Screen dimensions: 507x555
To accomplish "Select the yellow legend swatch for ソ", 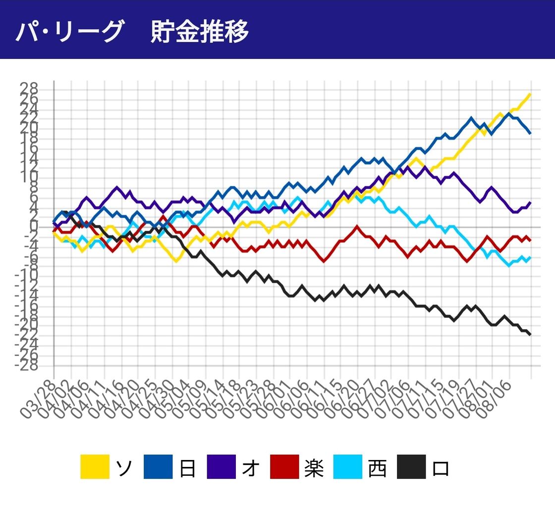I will [95, 467].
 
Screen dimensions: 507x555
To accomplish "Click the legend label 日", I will [188, 467].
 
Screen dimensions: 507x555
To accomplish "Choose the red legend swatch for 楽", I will [284, 467].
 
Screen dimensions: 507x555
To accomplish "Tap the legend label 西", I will [378, 467].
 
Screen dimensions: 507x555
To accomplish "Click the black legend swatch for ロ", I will [411, 467].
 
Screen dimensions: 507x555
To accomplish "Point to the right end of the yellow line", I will [531, 94].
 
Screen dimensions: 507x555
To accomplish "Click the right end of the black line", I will [531, 335].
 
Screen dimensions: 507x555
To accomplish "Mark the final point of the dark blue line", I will [531, 133].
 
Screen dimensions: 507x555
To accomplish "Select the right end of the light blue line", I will [531, 257].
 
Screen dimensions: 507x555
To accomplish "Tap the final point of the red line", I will [531, 240].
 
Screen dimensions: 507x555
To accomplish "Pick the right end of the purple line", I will [531, 202].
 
